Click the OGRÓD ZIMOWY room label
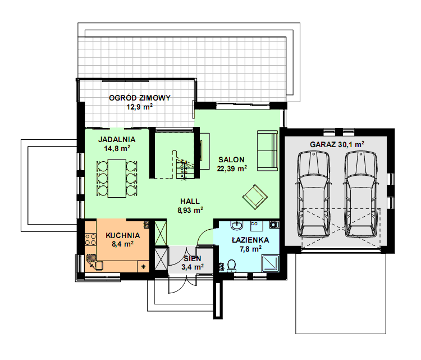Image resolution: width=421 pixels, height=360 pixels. pos(140,98)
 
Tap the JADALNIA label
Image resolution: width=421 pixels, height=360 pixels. pos(117,139)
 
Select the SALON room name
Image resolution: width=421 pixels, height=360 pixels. pos(231,160)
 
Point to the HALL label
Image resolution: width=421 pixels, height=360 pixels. pos(190,201)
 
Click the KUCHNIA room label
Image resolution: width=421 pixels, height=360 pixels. pos(123,236)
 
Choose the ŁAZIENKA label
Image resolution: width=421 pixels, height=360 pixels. pos(250,240)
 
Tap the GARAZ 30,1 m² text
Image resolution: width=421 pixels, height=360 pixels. pos(337,144)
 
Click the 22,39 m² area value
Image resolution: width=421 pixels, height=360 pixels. pos(232,168)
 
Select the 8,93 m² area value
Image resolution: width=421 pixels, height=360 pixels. pos(190,210)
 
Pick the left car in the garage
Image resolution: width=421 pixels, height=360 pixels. pos(313,194)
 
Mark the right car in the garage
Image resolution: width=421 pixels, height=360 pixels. pos(361,194)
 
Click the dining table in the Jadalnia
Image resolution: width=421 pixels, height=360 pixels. pos(117,179)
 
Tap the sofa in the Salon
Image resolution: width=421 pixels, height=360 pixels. pos(267,151)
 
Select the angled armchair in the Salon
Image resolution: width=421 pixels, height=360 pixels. pos(255,197)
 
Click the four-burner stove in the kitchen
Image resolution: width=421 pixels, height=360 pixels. pos(90,239)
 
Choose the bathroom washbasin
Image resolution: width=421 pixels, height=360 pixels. pos(237,226)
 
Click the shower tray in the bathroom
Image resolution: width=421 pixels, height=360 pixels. pos(270,263)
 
